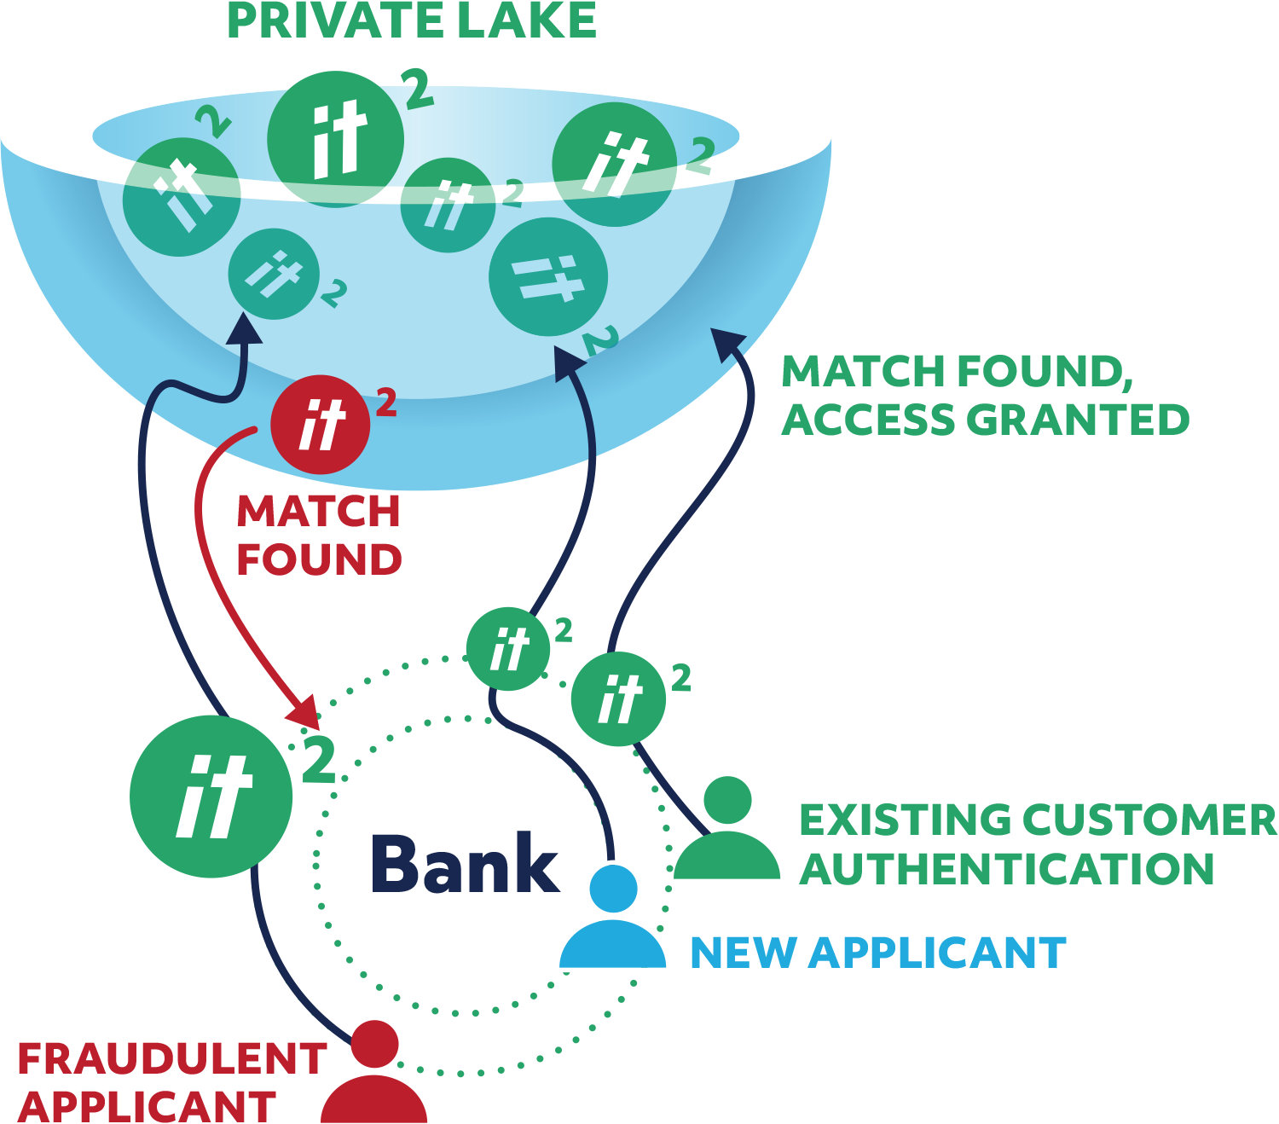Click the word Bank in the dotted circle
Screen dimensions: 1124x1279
(x=465, y=863)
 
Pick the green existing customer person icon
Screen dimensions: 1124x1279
(x=727, y=831)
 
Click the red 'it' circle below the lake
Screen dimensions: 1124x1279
(x=320, y=425)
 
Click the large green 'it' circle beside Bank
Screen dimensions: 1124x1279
(x=211, y=797)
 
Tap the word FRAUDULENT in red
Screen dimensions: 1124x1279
(x=171, y=1059)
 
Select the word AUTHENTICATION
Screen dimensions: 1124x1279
(x=1007, y=869)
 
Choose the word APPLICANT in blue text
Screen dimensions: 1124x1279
(x=938, y=953)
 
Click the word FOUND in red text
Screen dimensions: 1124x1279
(x=319, y=559)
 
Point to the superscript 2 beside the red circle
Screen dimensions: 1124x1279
(x=386, y=403)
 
